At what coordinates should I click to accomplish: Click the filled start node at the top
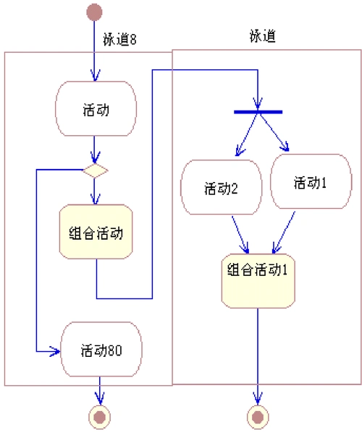[x=94, y=12]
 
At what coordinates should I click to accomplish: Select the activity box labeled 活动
[x=96, y=110]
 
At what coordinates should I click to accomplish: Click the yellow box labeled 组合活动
[x=96, y=233]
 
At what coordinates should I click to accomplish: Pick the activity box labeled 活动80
[x=100, y=351]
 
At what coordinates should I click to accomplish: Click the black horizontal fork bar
[x=257, y=111]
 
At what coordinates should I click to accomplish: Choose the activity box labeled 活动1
[x=309, y=182]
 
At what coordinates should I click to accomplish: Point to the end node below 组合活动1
[x=258, y=415]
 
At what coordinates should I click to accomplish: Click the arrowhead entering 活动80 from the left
[x=55, y=352]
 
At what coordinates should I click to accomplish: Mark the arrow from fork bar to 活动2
[x=247, y=134]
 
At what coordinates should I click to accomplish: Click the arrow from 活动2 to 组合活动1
[x=240, y=233]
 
